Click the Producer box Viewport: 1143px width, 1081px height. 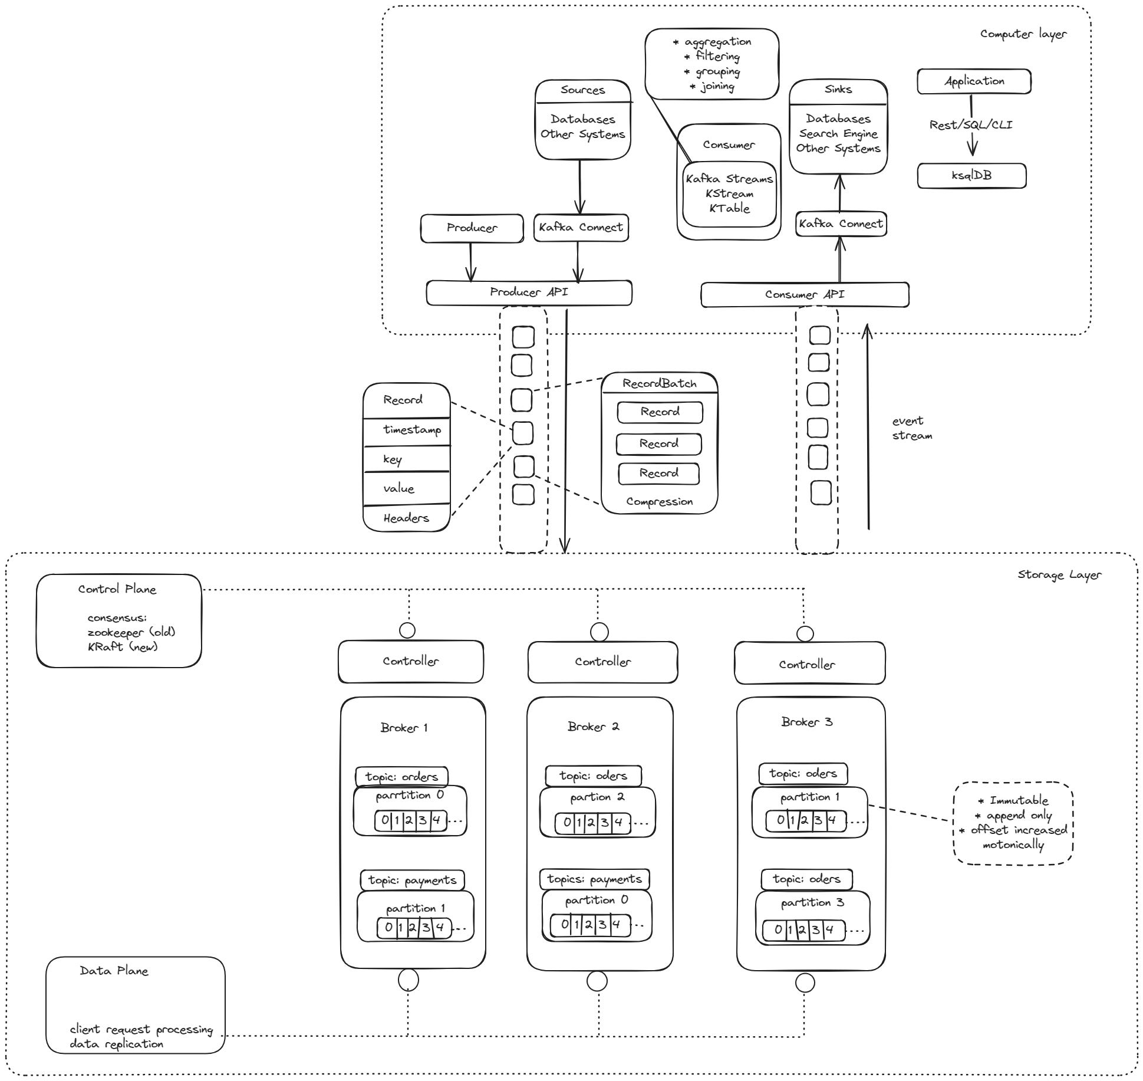point(472,228)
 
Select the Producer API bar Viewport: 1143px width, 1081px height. point(529,293)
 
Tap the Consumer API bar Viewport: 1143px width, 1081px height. point(805,294)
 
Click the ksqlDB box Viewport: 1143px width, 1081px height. point(971,176)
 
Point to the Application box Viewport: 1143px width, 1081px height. point(974,81)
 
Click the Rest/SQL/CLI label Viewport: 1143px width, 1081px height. point(970,125)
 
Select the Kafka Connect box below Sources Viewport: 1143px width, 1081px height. point(581,228)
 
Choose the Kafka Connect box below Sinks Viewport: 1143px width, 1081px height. point(841,224)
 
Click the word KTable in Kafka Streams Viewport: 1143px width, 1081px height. point(729,209)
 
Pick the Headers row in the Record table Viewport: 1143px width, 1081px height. point(406,518)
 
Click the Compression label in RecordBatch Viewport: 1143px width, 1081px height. point(659,502)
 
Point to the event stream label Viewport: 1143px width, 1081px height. point(911,428)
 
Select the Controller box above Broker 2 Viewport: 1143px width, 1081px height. point(602,662)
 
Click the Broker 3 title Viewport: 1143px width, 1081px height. point(806,722)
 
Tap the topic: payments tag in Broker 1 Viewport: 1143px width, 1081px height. point(412,880)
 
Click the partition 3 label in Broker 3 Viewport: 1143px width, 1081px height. point(812,903)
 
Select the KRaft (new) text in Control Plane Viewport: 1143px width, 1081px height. point(123,646)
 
